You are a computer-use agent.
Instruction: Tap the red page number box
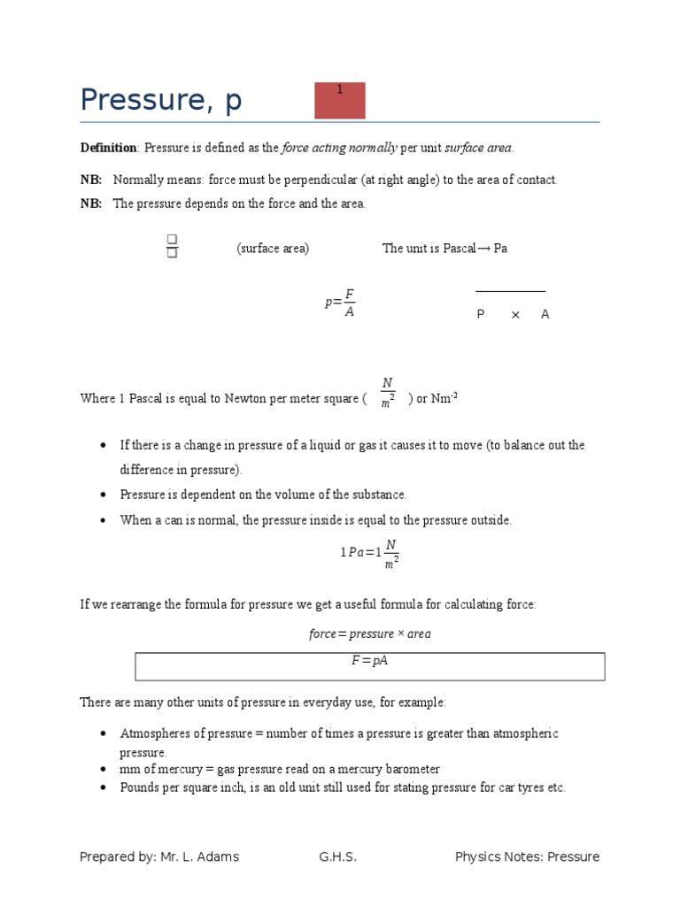340,100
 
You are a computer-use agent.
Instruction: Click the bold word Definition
108,148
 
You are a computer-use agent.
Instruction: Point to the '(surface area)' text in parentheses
273,249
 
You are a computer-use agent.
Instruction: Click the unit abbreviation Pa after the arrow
500,249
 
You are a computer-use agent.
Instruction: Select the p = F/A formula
340,303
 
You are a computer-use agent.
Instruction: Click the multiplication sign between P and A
515,314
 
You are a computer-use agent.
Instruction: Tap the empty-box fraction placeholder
172,247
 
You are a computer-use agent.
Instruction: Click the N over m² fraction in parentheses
388,393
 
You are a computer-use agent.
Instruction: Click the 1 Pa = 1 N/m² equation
370,552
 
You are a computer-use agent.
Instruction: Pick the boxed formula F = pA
370,661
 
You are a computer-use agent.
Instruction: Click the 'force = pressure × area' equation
370,634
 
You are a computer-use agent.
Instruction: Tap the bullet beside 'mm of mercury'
104,770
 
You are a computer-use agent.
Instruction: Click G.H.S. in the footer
338,856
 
